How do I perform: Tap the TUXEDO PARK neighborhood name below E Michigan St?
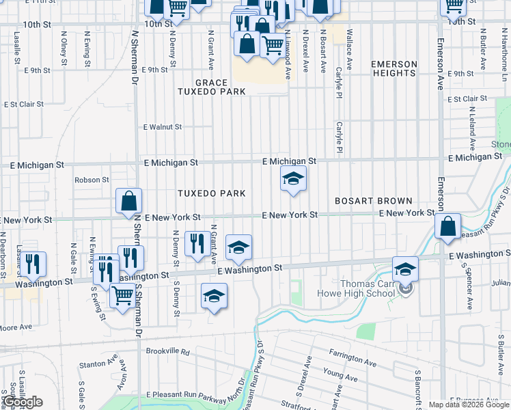click(x=211, y=193)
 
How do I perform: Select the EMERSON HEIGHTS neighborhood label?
click(x=393, y=69)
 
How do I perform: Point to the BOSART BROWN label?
click(x=373, y=201)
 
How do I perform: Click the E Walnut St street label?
click(x=163, y=127)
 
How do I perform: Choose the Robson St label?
click(x=92, y=180)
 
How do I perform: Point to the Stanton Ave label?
click(x=94, y=365)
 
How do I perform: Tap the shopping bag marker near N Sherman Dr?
click(x=128, y=201)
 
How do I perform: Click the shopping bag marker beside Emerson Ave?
click(x=447, y=227)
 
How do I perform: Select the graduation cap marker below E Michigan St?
click(x=293, y=179)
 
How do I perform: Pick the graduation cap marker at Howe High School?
click(x=405, y=269)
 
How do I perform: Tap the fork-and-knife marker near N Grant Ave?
click(x=197, y=243)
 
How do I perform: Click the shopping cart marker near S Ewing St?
click(x=122, y=296)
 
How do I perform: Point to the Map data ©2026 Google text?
click(x=468, y=405)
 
